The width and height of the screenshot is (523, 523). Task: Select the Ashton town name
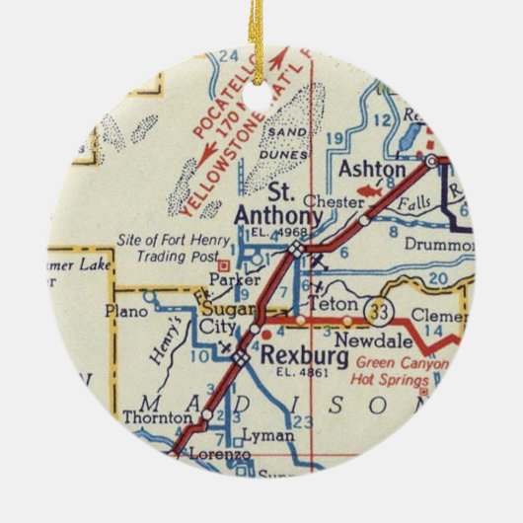pos(371,170)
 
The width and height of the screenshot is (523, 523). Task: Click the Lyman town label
pos(272,435)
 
